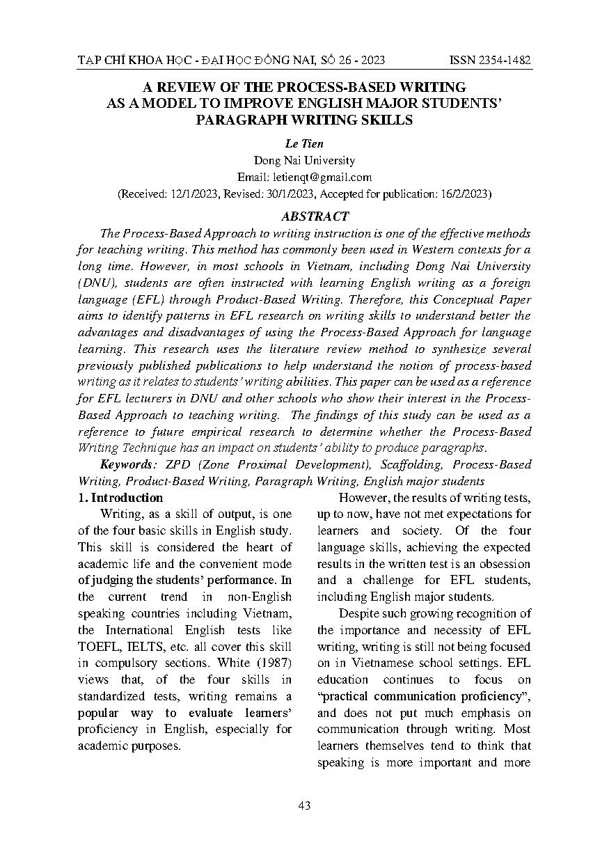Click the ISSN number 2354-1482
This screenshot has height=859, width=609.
(505, 61)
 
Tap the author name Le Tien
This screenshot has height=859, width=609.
(304, 144)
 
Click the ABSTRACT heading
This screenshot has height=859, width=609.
(304, 216)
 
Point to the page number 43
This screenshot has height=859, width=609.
(304, 805)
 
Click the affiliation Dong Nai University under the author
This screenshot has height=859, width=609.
(304, 161)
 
